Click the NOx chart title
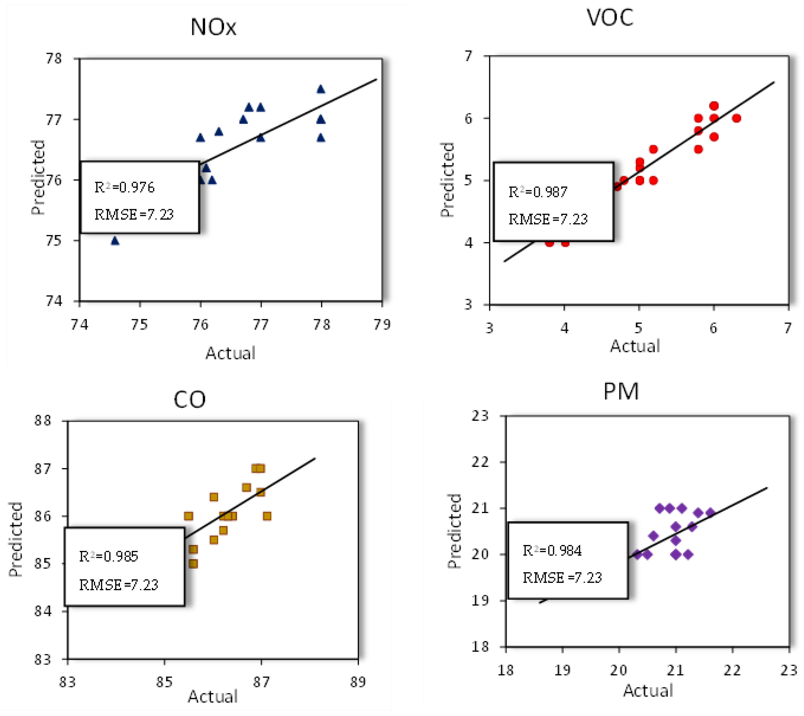214,27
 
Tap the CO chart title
190,400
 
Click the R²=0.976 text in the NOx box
125,187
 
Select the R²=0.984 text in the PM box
552,551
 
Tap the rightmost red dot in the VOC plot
736,118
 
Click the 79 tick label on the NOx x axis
382,325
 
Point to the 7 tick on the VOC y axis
469,56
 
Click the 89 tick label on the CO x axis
358,682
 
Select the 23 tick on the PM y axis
480,416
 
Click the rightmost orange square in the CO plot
267,516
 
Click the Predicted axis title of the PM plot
454,531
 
